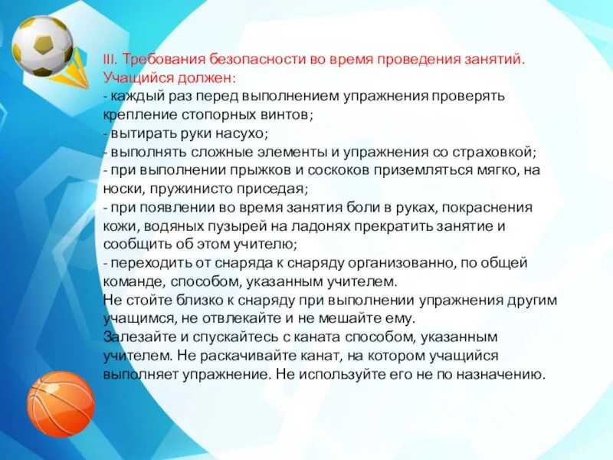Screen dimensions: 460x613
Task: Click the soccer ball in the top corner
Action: click(42, 46)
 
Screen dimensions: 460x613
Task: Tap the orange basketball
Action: click(61, 403)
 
